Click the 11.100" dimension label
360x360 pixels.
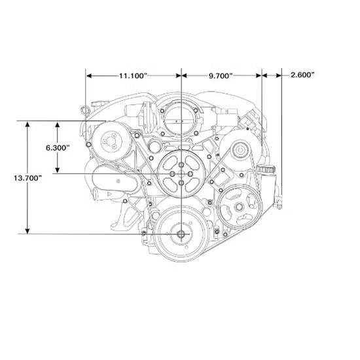point(133,75)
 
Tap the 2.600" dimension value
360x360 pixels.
point(302,75)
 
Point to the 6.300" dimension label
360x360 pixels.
point(58,148)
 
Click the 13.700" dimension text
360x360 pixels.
point(27,178)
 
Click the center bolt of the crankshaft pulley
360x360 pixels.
point(181,234)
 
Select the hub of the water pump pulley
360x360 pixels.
point(181,174)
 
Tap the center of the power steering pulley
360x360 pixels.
point(239,207)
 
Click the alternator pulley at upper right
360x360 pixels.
point(240,151)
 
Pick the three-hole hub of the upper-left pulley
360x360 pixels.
point(109,141)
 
